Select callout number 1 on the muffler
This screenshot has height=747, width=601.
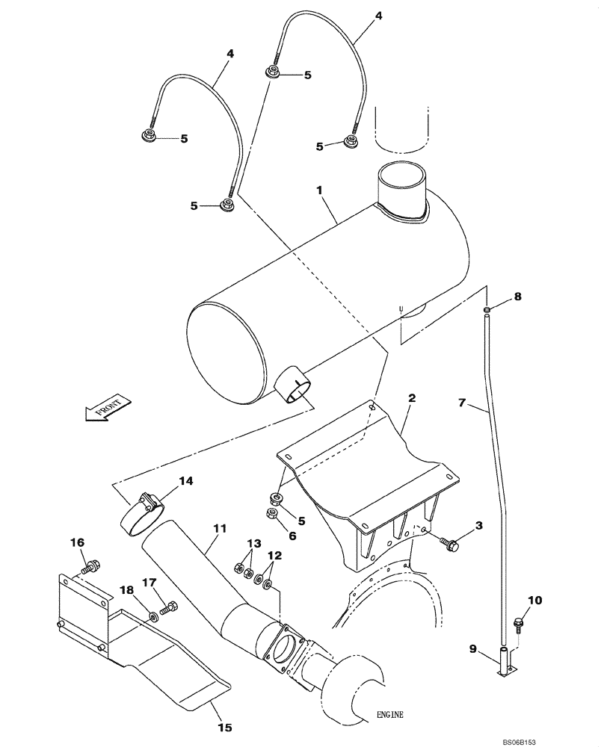[319, 191]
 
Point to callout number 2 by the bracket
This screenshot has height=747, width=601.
[411, 400]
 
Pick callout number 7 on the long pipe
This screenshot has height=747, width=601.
[462, 403]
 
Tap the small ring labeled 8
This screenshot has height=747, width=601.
[487, 309]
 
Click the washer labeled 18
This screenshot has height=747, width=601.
[152, 616]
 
